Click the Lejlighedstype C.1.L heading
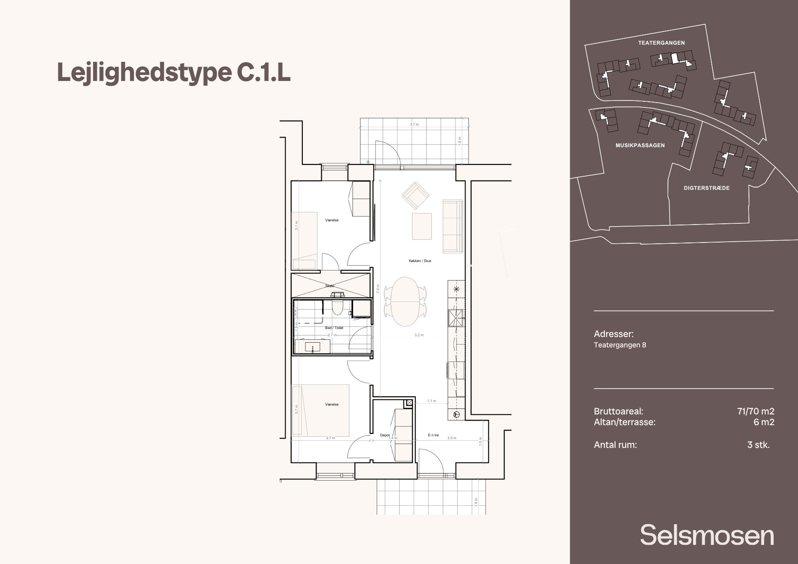[174, 73]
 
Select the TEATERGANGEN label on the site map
[661, 43]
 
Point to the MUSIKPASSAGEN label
[640, 146]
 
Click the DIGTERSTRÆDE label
[707, 188]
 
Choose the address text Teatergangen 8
[620, 345]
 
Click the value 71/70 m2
[756, 411]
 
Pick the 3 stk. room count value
[758, 445]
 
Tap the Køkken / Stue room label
[420, 261]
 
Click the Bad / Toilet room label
[334, 328]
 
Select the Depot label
[385, 435]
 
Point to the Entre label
[433, 435]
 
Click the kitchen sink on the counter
[456, 318]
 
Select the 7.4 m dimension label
[377, 289]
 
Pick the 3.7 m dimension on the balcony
[415, 124]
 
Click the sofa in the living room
[452, 226]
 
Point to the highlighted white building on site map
[675, 58]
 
